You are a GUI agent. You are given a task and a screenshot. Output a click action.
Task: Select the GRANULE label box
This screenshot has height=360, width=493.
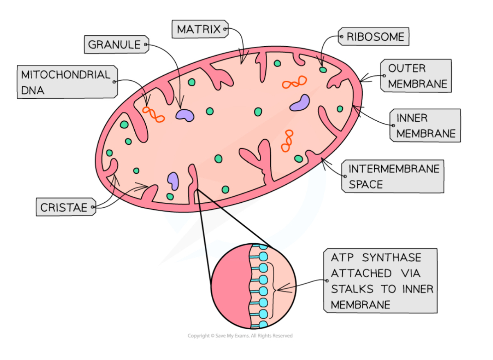(x=114, y=44)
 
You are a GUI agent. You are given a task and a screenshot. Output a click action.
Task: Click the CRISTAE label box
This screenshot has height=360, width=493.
(x=64, y=208)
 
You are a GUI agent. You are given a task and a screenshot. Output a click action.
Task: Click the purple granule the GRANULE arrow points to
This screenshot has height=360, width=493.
(x=185, y=115)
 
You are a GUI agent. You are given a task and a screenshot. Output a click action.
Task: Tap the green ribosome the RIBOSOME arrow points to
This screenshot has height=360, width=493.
(x=323, y=70)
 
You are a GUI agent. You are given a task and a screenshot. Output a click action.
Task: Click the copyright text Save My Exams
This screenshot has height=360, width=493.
(x=240, y=336)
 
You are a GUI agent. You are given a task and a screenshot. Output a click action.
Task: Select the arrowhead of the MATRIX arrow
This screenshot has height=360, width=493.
(x=242, y=61)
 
